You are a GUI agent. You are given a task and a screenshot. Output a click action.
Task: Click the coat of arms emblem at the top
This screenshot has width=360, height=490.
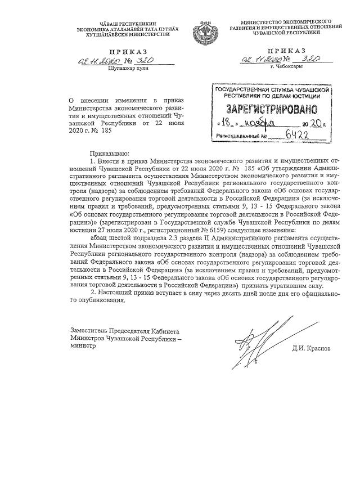[203, 28]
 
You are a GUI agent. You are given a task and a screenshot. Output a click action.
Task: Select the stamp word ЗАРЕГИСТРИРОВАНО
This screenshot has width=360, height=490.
[271, 109]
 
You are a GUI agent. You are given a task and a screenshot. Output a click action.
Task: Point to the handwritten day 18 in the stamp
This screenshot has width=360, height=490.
[224, 123]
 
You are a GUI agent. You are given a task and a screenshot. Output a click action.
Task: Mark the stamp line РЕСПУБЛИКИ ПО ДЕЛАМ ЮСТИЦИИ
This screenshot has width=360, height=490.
[270, 96]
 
